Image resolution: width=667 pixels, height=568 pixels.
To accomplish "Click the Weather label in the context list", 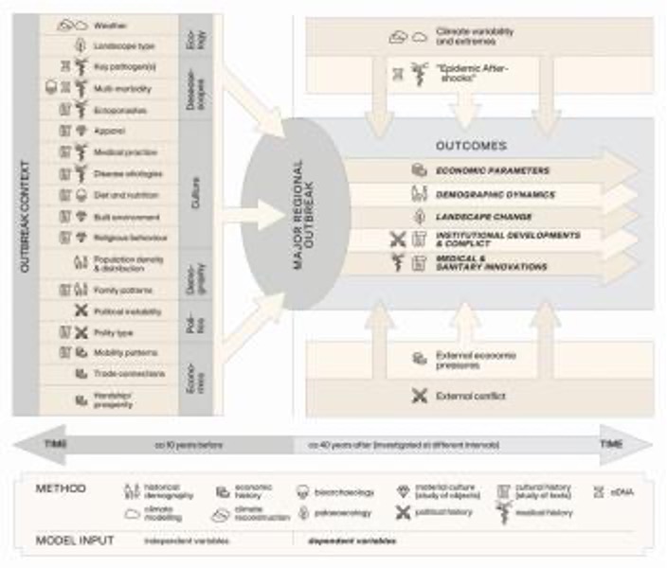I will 112,26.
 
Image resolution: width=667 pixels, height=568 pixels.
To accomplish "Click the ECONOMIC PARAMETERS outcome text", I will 493,170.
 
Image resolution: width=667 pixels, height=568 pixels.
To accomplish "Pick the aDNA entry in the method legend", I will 634,491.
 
